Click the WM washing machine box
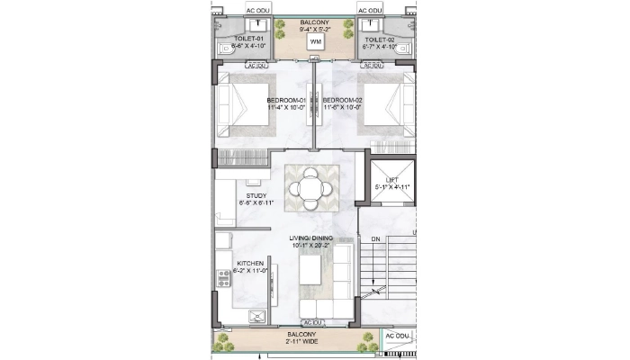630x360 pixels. click(x=315, y=42)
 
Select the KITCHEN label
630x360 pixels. click(x=250, y=264)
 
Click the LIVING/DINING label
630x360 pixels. click(x=311, y=238)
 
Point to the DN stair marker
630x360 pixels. click(x=375, y=239)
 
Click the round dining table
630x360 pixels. click(x=310, y=187)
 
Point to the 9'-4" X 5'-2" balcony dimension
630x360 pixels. click(x=315, y=28)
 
